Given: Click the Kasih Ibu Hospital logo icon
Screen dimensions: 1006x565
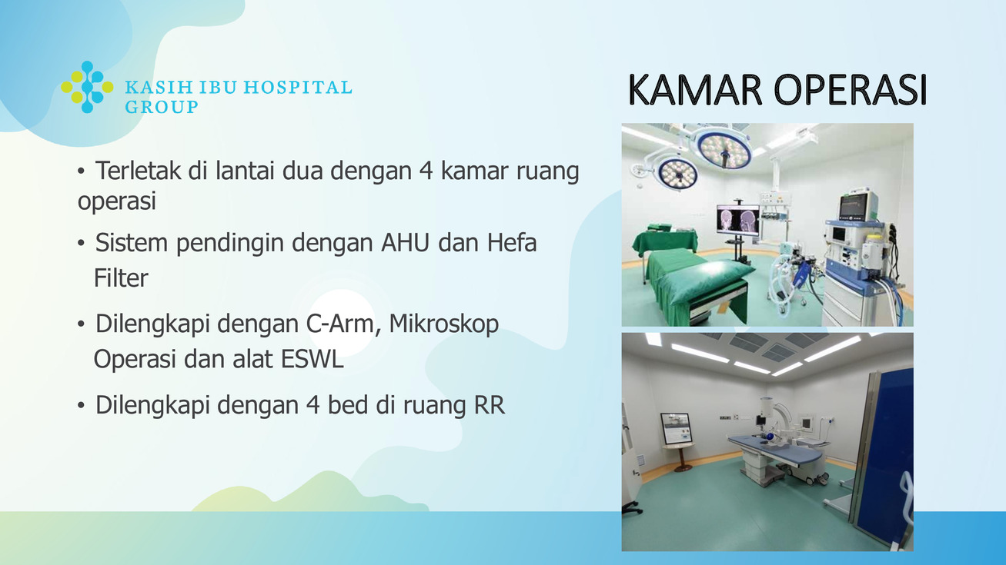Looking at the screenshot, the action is pyautogui.click(x=87, y=87).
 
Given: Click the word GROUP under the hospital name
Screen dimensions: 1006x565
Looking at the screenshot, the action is pyautogui.click(x=162, y=107).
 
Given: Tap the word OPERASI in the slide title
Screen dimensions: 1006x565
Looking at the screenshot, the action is pyautogui.click(x=851, y=90).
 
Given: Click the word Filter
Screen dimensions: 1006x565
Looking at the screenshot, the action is pyautogui.click(x=121, y=278).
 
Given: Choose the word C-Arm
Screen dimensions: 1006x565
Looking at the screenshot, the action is pyautogui.click(x=339, y=324).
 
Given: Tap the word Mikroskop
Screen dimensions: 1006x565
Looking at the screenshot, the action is pyautogui.click(x=443, y=324).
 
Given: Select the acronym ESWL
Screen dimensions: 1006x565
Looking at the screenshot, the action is pyautogui.click(x=312, y=359).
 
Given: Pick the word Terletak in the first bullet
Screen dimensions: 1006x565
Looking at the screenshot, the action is pyautogui.click(x=139, y=171).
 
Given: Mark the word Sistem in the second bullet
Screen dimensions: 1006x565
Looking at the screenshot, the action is pyautogui.click(x=131, y=242).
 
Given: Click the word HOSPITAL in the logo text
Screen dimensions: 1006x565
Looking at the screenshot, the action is pyautogui.click(x=297, y=87).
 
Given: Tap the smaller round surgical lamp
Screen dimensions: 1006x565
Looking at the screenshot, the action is pyautogui.click(x=677, y=172).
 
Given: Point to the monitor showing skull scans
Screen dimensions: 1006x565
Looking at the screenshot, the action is pyautogui.click(x=737, y=220).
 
